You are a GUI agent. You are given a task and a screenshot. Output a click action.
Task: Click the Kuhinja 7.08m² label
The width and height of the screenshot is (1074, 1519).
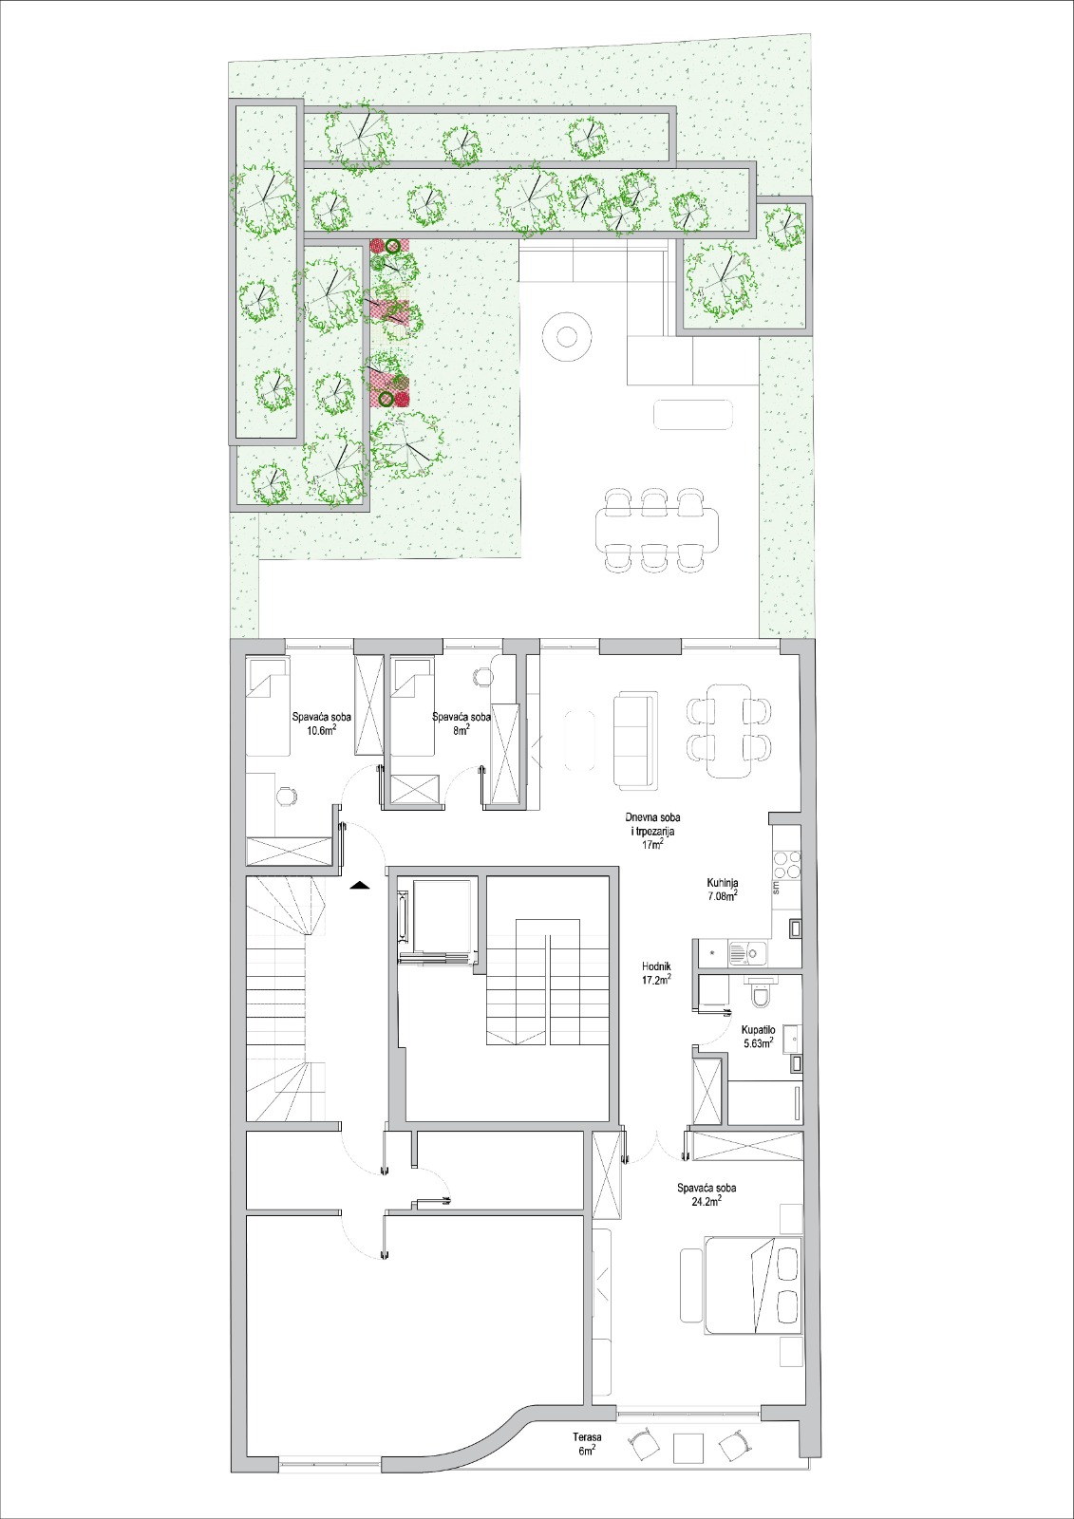pyautogui.click(x=722, y=889)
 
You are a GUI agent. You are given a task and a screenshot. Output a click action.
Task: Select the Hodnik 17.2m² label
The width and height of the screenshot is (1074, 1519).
pyautogui.click(x=657, y=973)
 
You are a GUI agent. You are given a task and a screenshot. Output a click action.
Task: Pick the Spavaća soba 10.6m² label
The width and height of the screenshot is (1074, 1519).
pyautogui.click(x=322, y=723)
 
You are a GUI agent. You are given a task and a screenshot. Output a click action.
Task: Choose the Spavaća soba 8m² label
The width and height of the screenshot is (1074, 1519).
pyautogui.click(x=462, y=723)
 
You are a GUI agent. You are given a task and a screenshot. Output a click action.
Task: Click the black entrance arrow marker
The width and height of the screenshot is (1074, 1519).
pyautogui.click(x=360, y=885)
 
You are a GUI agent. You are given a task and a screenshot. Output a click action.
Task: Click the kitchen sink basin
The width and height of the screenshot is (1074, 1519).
pyautogui.click(x=747, y=953)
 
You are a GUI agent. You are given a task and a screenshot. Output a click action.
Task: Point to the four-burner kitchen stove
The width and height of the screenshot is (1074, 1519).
pyautogui.click(x=787, y=864)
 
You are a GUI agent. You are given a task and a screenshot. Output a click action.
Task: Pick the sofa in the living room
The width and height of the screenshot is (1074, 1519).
pyautogui.click(x=636, y=741)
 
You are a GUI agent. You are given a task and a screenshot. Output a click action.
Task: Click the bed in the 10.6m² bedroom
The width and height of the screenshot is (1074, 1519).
pyautogui.click(x=268, y=706)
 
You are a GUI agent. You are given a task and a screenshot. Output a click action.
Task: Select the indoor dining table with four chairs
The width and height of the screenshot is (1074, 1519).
pyautogui.click(x=728, y=730)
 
